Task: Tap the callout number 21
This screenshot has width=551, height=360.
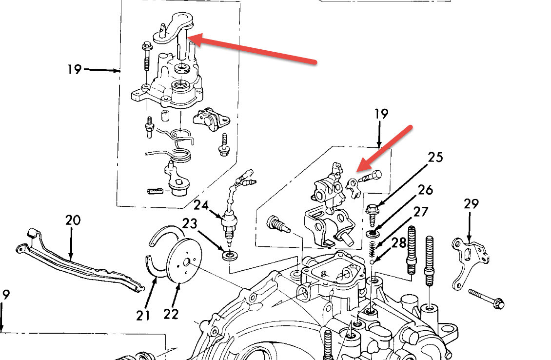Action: click(x=143, y=316)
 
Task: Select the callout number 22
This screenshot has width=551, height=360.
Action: click(x=171, y=314)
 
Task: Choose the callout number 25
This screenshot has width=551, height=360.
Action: click(x=435, y=157)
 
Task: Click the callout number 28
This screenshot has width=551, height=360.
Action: click(x=399, y=242)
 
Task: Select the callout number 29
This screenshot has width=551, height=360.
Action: click(x=471, y=203)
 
